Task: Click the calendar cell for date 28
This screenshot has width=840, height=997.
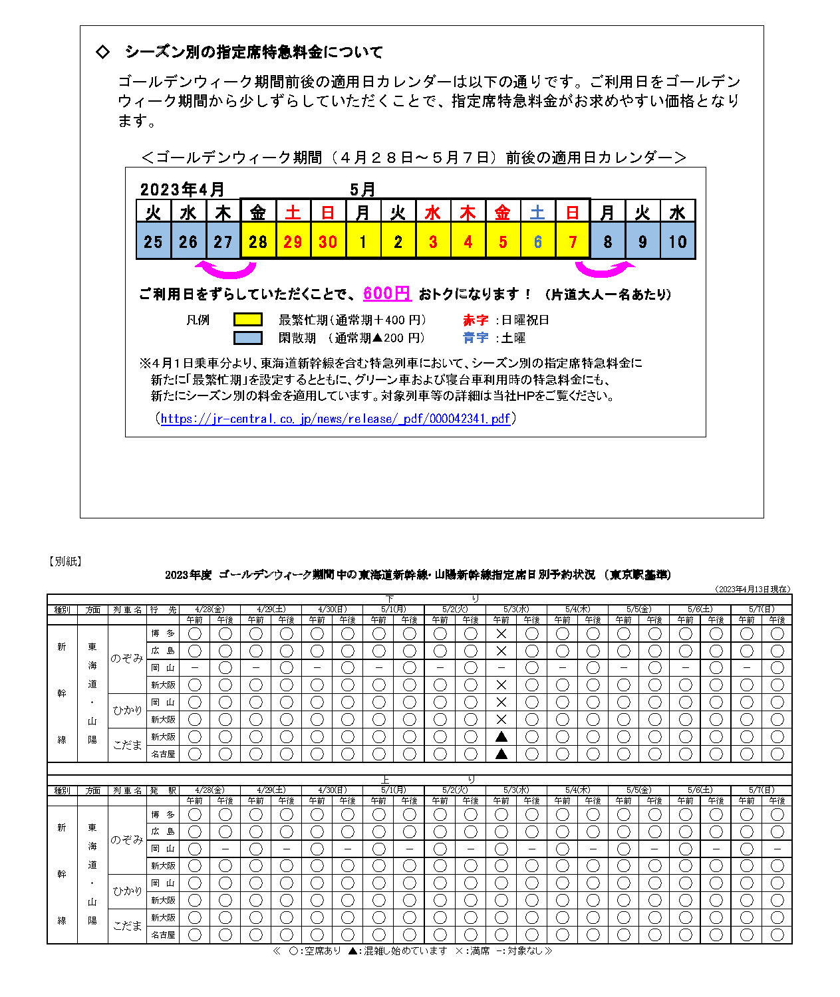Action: coord(257,241)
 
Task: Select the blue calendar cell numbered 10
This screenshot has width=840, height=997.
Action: coord(677,241)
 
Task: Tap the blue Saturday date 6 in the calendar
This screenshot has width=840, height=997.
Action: coord(537,241)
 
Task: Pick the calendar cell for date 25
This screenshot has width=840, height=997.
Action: coord(153,241)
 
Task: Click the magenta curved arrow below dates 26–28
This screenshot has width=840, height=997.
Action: coord(226,269)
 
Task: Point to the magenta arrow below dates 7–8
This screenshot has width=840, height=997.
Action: coord(604,269)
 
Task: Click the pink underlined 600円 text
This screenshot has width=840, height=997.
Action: coord(386,293)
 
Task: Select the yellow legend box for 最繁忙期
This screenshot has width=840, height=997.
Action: coord(247,320)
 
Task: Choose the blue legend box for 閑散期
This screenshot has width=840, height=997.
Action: coord(247,338)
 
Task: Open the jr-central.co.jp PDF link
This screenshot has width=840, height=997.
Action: coord(335,419)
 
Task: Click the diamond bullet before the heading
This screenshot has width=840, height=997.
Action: coord(102,52)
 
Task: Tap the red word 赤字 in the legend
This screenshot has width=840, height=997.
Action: coord(476,320)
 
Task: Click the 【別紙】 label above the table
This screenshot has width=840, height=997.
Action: coord(65,562)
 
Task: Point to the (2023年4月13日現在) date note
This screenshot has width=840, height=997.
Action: coord(753,589)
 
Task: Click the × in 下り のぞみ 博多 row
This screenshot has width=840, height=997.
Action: coord(501,634)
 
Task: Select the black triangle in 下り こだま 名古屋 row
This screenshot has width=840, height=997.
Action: coord(501,754)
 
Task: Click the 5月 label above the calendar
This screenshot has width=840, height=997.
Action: coord(362,189)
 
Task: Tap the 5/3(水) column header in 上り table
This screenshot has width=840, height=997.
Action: coord(516,790)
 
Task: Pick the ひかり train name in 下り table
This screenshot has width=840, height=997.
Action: coord(127,711)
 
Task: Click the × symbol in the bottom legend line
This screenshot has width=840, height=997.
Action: coord(459,951)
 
